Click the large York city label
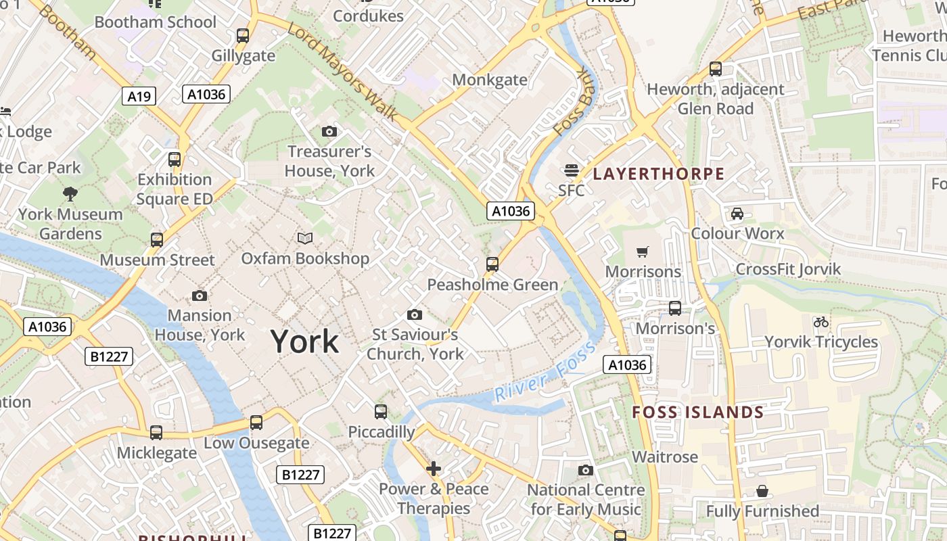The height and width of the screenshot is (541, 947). click(x=304, y=342)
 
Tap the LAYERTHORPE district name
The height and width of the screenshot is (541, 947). click(x=658, y=174)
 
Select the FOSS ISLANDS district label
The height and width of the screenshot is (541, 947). click(x=697, y=412)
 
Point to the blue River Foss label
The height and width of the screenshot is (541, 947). click(x=545, y=371)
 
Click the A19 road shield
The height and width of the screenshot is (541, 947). click(x=139, y=96)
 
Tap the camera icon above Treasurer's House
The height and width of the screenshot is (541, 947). click(x=329, y=131)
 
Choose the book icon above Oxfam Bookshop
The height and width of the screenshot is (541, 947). click(x=305, y=238)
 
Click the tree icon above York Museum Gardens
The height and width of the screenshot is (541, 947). click(x=70, y=195)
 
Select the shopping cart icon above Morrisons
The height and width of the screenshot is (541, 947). click(x=643, y=252)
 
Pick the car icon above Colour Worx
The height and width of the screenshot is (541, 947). click(x=737, y=214)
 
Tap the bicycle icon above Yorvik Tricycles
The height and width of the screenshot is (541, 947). click(x=821, y=322)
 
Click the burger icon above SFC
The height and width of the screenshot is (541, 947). click(x=572, y=170)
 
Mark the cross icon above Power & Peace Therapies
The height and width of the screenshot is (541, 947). click(x=434, y=468)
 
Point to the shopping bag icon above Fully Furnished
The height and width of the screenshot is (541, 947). click(x=762, y=491)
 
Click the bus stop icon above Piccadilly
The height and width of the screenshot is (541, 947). click(x=381, y=411)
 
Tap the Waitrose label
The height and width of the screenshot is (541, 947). click(x=665, y=456)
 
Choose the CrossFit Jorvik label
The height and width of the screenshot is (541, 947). click(x=788, y=268)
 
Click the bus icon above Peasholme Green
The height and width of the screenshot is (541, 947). click(x=492, y=264)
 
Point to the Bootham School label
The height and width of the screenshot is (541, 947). click(x=156, y=22)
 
